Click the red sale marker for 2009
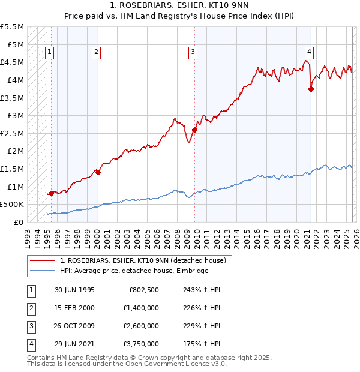pyautogui.click(x=195, y=130)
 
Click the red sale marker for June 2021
pyautogui.click(x=311, y=89)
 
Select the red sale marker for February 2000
pyautogui.click(x=98, y=172)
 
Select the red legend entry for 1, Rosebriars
pyautogui.click(x=143, y=260)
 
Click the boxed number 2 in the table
pyautogui.click(x=31, y=308)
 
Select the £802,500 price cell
pyautogui.click(x=143, y=290)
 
